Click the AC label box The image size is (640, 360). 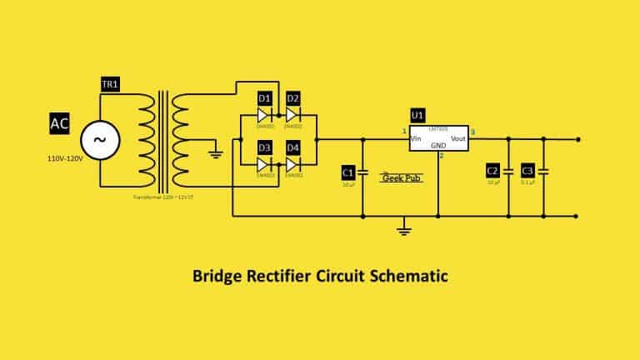[x=59, y=124]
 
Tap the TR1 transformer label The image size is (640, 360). [x=109, y=86]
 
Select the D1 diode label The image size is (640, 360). [x=264, y=98]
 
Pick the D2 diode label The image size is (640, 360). [x=292, y=98]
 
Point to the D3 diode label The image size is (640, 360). [x=264, y=147]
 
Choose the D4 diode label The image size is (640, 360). [x=292, y=147]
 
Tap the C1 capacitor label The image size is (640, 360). [x=348, y=172]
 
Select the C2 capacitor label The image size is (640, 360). [x=492, y=171]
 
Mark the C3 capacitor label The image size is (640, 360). [x=527, y=171]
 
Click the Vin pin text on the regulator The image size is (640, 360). [x=417, y=137]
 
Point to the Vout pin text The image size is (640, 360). [x=458, y=137]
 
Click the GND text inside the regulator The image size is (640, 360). [x=438, y=145]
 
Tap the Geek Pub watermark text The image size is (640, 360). [x=401, y=177]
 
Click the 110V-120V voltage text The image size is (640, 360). [x=66, y=157]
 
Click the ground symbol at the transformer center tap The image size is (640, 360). [x=215, y=152]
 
